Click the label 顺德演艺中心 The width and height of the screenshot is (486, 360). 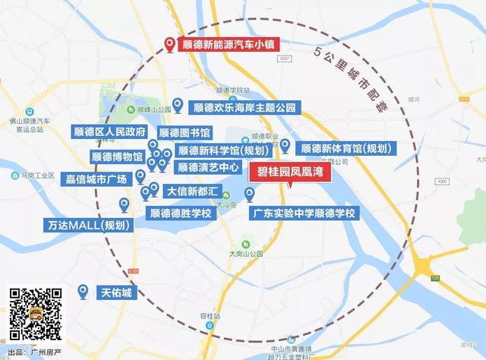pos(207,166)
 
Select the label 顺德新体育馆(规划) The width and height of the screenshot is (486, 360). pos(341,148)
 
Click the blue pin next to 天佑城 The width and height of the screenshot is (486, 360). pos(84,290)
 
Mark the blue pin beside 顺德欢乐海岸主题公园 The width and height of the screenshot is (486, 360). pos(178,105)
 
